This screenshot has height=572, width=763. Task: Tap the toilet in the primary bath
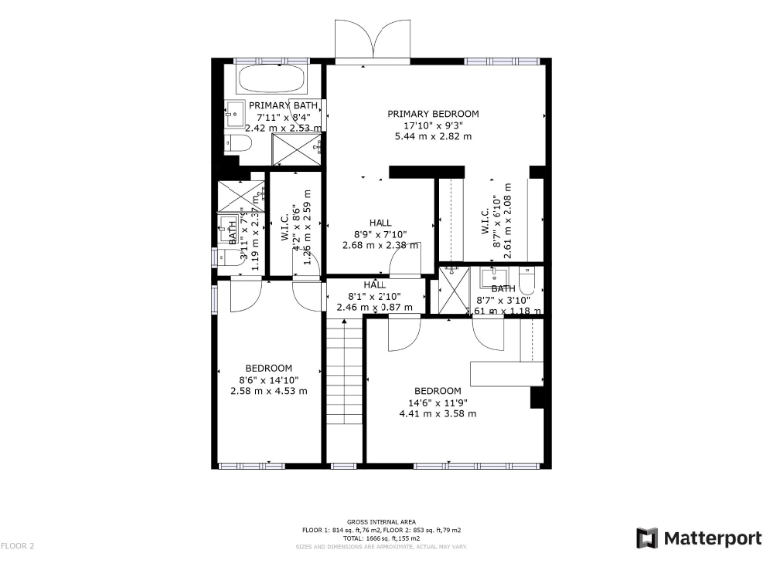point(233,145)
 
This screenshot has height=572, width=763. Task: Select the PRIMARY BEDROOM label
point(433,114)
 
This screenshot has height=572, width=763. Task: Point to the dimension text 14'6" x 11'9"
point(438,402)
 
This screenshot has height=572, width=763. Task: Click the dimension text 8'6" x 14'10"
point(268,379)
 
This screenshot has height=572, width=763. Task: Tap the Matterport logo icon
point(647,538)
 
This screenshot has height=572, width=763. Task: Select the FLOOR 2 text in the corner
point(17,546)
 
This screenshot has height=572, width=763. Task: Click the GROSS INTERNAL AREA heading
point(381,522)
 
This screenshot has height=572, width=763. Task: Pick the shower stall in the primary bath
point(297,149)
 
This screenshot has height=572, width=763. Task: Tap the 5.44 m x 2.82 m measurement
point(433,136)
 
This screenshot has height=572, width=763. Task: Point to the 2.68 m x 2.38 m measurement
point(381,245)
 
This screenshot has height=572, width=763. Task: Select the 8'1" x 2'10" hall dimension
point(375,296)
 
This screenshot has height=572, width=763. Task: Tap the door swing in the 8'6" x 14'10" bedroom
point(244,294)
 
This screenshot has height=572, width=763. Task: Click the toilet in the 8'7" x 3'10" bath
point(528,278)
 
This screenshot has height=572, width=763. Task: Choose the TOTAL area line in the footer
point(381,538)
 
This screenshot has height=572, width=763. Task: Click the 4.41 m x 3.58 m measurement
point(438,414)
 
